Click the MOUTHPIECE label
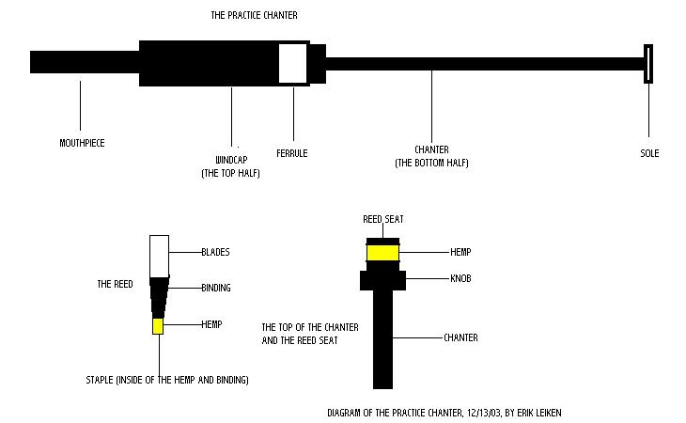coord(82,143)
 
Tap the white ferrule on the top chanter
coord(293,63)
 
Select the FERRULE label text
coord(291,153)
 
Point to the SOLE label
coord(649,153)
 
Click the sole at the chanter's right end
coord(648,63)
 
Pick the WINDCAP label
coord(230,159)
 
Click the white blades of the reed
coord(159,254)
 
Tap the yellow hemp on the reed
coord(158,326)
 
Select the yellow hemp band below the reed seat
coord(382,253)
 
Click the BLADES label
coord(215,252)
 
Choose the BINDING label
coord(216,288)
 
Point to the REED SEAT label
coord(382,219)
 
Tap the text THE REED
coord(117,283)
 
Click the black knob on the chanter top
coord(382,280)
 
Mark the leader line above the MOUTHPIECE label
coord(80,105)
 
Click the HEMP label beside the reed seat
coord(460,252)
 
